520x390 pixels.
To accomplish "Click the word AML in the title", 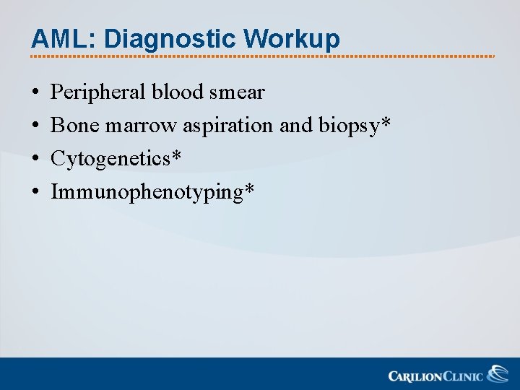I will point(56,39).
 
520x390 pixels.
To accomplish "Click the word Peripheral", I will point(98,92).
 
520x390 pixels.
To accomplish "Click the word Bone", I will point(75,126).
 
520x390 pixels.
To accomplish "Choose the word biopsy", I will point(348,126).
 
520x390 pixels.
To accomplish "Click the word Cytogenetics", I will point(110,159).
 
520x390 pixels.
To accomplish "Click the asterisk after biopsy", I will point(386,123).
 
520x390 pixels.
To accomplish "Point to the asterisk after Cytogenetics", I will point(175,156).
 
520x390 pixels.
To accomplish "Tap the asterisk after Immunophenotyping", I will point(249,189).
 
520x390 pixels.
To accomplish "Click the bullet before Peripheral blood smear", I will point(35,93).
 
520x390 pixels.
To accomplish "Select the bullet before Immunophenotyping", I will point(35,193).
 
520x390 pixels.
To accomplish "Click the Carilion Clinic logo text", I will point(435,376).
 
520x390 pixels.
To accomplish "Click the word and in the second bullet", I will point(295,126).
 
